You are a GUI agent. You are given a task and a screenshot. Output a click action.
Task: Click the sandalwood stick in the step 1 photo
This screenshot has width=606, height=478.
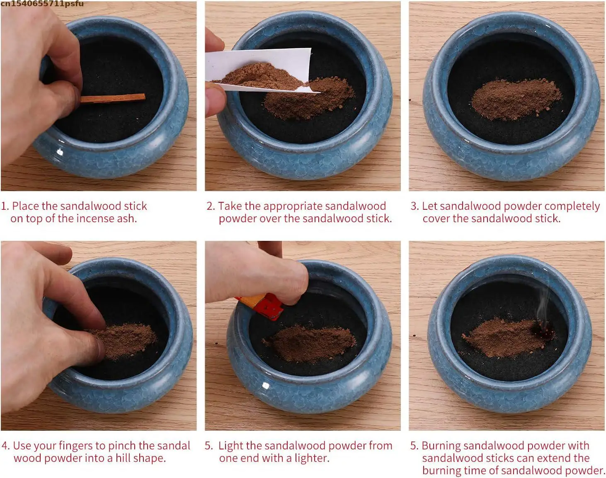(x=113, y=98)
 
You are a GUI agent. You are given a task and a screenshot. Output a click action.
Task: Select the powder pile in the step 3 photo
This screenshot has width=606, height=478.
(x=516, y=99)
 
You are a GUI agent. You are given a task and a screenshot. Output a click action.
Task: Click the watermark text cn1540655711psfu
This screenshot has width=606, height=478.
(x=42, y=4)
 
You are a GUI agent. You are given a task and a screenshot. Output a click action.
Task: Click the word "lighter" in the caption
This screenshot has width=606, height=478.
(x=312, y=459)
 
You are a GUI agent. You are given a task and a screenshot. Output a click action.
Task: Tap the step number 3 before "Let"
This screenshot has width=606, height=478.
(x=415, y=206)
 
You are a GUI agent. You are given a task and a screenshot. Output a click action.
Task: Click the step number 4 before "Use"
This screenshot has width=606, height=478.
(x=5, y=446)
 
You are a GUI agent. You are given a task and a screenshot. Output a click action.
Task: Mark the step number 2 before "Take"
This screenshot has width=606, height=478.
(x=211, y=206)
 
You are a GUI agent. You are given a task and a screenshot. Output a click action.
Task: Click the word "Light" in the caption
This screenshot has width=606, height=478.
(x=230, y=446)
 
